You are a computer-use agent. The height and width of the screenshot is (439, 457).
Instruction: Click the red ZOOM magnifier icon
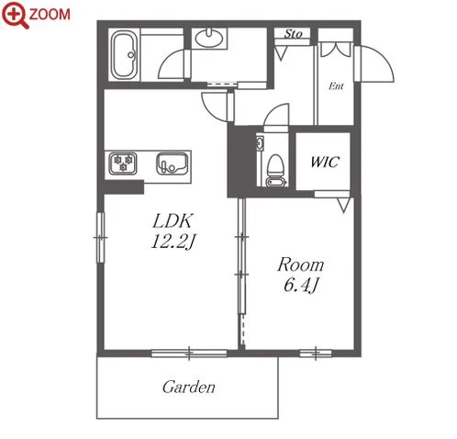(x=16, y=15)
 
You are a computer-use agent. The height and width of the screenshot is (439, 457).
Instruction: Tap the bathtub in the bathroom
(x=124, y=55)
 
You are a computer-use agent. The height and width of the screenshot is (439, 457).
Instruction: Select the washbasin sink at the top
(x=209, y=39)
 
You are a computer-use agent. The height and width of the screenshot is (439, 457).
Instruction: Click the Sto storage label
(x=293, y=34)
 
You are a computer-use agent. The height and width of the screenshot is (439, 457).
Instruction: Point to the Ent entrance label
(x=336, y=86)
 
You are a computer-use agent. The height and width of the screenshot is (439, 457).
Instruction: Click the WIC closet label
(x=325, y=162)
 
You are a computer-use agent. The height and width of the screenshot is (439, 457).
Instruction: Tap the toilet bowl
(x=276, y=171)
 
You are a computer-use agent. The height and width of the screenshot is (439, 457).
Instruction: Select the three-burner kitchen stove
(x=123, y=163)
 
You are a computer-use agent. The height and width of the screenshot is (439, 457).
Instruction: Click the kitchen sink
(x=173, y=163)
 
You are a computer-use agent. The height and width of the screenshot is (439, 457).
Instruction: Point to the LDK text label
(x=173, y=221)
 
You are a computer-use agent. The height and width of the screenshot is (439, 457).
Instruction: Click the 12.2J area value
(x=173, y=242)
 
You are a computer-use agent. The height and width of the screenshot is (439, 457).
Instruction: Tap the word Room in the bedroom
(x=301, y=265)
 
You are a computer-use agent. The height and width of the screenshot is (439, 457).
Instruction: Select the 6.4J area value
(x=301, y=286)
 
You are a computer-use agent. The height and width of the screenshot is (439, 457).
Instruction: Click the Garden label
(x=189, y=388)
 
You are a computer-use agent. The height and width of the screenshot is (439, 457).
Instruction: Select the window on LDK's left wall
(x=100, y=238)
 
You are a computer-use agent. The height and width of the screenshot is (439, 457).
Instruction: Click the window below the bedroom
(x=316, y=354)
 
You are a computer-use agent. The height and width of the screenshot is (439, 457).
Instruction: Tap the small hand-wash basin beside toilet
(x=260, y=143)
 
